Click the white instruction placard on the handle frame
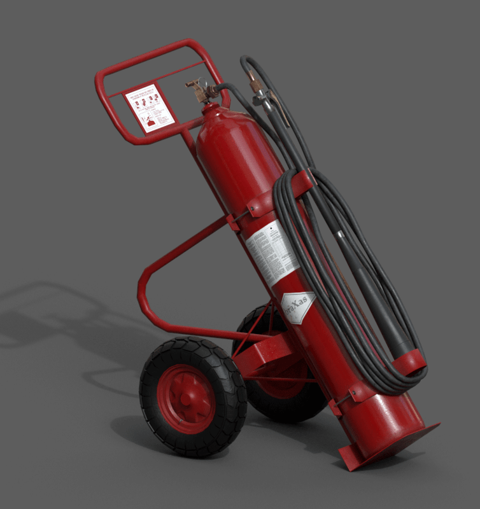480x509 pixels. [x=150, y=108]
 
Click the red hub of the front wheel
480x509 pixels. [x=187, y=398]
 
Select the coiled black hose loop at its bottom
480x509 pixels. [x=388, y=382]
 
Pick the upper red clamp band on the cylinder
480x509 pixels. [x=261, y=204]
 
